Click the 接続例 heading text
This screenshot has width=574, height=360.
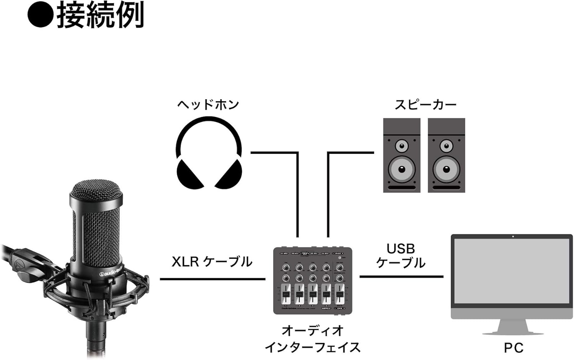100,15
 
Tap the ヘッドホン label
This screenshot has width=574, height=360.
208,105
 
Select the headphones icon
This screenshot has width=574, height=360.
209,153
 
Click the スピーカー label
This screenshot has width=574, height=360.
426,105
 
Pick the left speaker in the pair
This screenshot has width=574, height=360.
402,155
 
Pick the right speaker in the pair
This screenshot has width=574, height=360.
446,155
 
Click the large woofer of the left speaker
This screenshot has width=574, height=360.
402,169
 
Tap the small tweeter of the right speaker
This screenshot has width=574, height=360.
446,146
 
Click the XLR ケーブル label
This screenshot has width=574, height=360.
212,262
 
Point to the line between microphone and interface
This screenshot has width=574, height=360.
212,279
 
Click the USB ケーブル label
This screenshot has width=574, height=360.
401,256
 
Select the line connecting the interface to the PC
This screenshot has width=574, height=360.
401,277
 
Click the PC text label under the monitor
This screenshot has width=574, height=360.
513,348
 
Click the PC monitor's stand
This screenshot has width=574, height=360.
513,327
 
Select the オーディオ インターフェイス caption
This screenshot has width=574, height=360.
313,339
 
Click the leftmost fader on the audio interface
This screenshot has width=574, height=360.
286,294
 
